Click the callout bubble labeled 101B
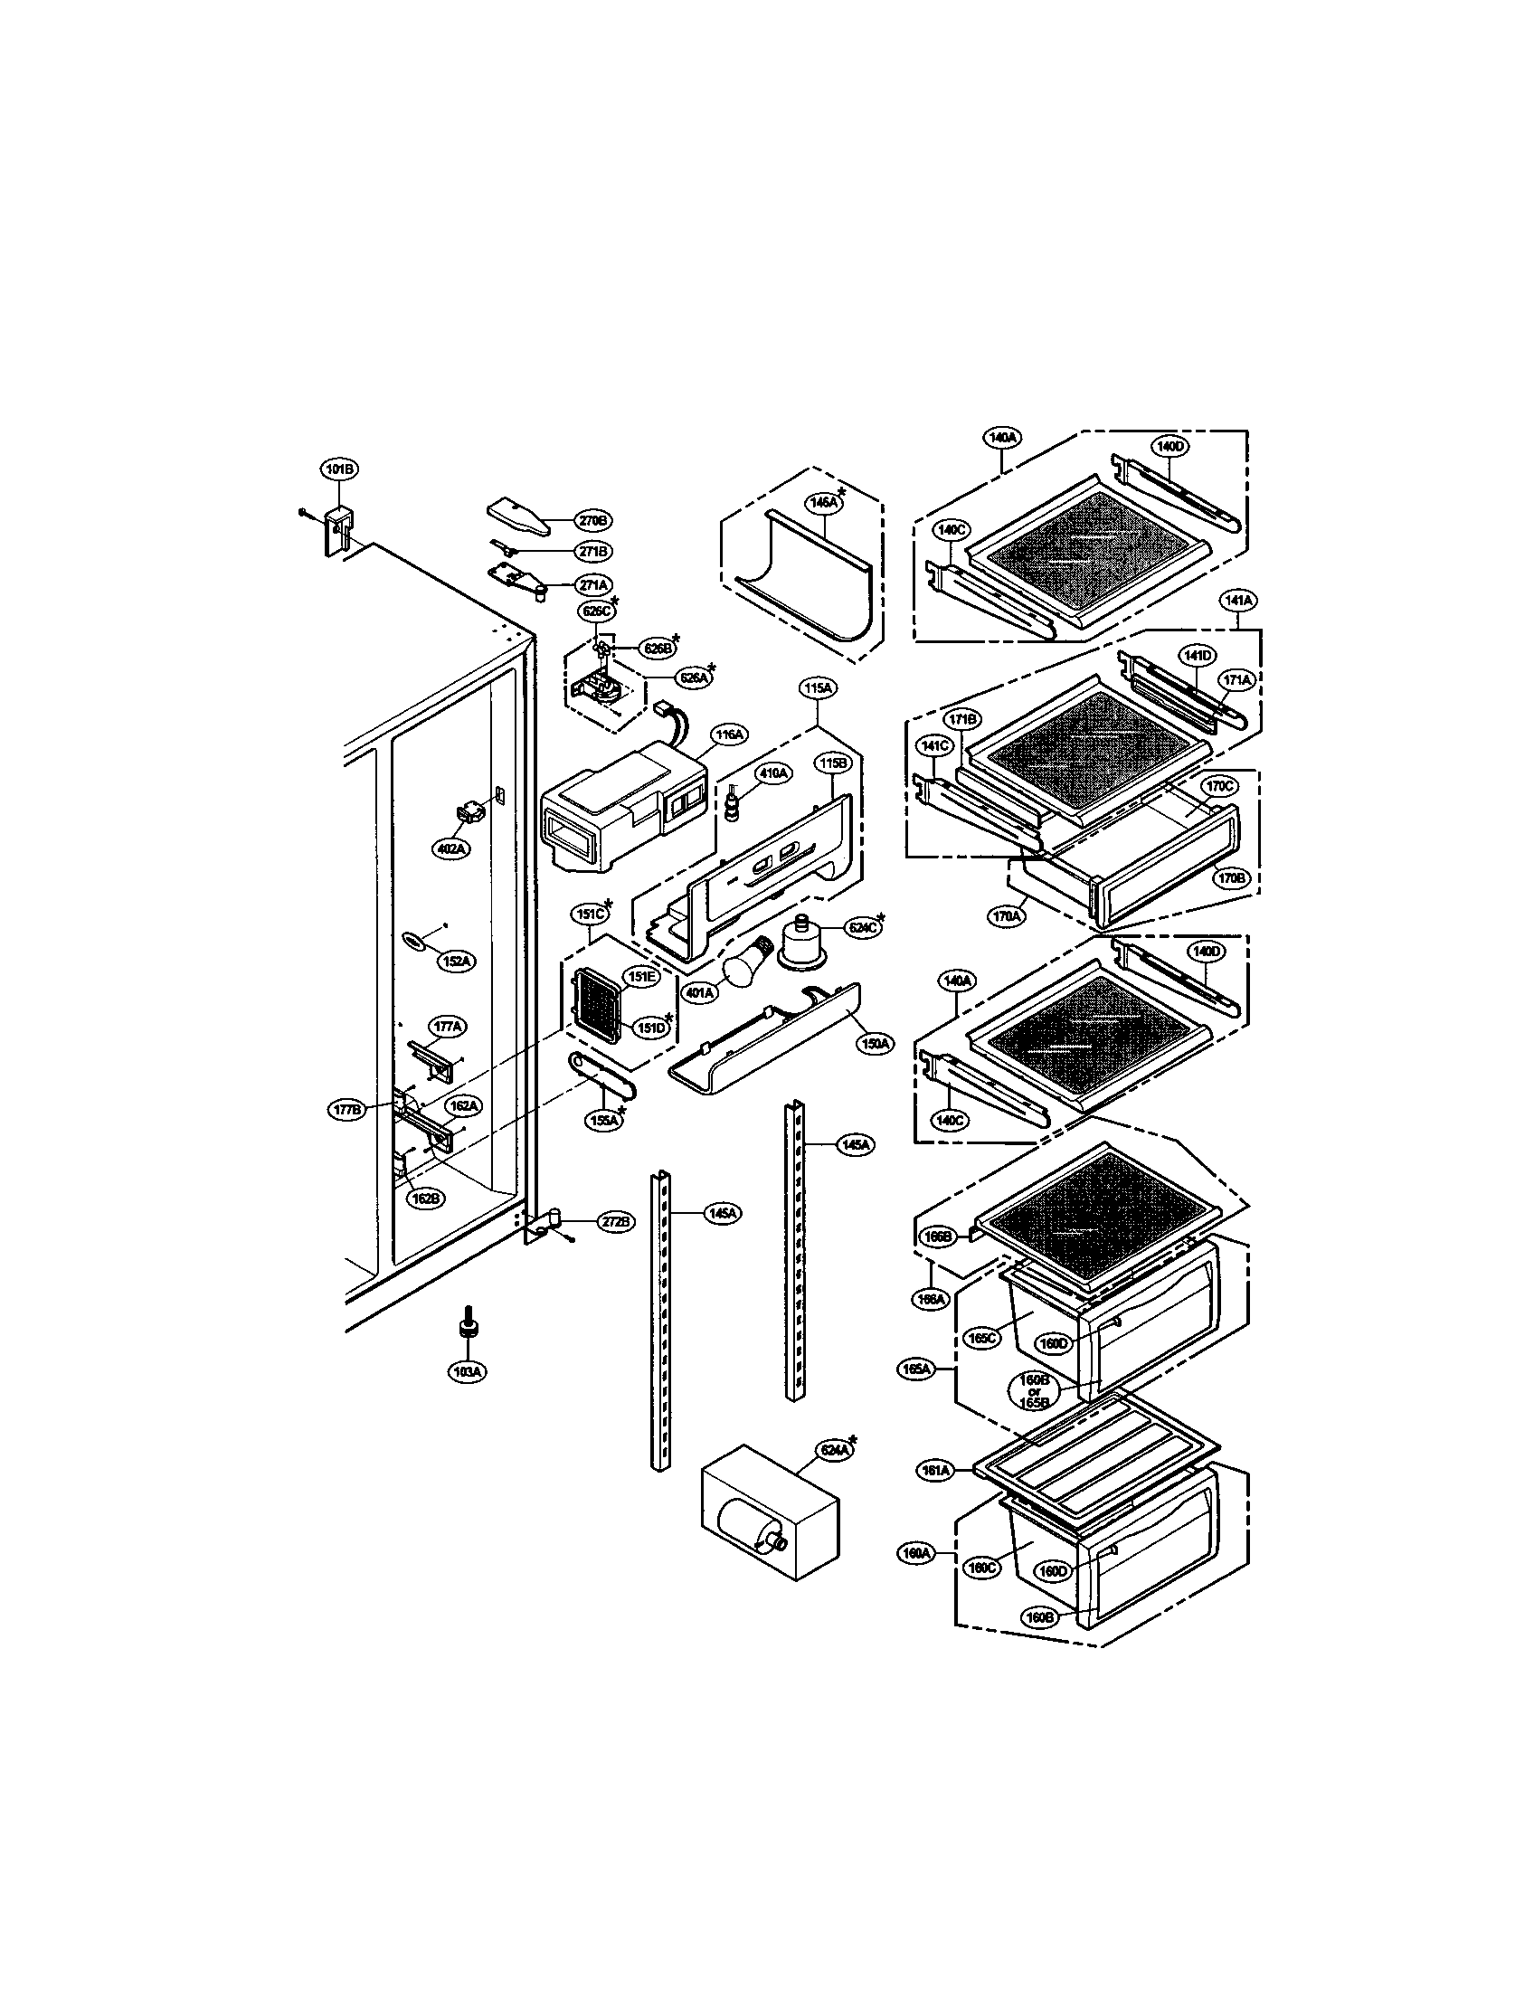[339, 469]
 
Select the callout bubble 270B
[592, 521]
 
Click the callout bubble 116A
[729, 734]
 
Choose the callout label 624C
[860, 928]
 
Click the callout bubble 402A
[451, 848]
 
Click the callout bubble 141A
[1239, 601]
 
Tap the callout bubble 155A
[604, 1121]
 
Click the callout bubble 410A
[774, 773]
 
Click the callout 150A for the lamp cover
[875, 1043]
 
